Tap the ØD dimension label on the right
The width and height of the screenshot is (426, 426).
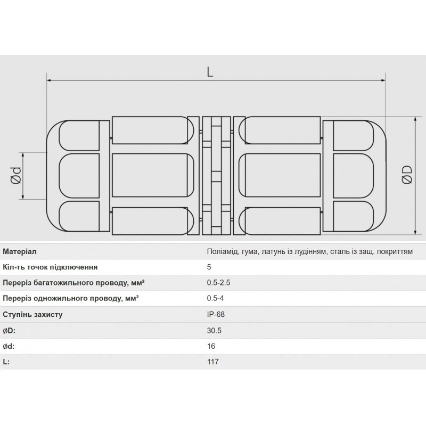pos(406,175)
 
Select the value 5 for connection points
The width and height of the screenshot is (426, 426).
pos(209,267)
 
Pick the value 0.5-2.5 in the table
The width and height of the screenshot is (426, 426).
pos(218,283)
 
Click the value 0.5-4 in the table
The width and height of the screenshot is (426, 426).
pos(215,299)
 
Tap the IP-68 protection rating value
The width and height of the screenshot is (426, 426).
pos(216,314)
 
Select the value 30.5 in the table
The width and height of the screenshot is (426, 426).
pos(214,330)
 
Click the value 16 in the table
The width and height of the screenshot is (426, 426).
pos(211,346)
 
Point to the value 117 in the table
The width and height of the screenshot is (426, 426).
pos(212,362)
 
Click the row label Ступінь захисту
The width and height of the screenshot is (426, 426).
pos(33,314)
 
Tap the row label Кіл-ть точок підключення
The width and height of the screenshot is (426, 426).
pos(50,267)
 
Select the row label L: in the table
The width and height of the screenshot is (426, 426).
pos(6,362)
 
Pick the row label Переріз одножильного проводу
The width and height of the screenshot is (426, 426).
pos(71,299)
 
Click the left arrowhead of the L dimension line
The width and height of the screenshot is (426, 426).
pos(50,81)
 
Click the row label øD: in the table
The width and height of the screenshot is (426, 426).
pos(9,330)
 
